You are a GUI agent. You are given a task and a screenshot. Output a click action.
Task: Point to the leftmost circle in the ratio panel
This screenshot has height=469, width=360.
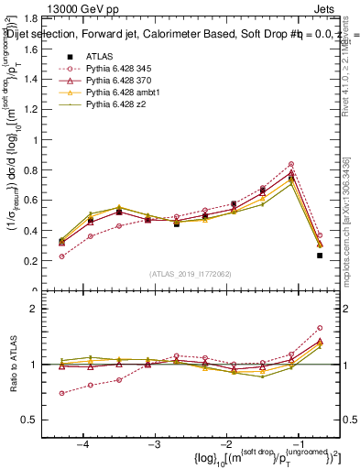(61, 393)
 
